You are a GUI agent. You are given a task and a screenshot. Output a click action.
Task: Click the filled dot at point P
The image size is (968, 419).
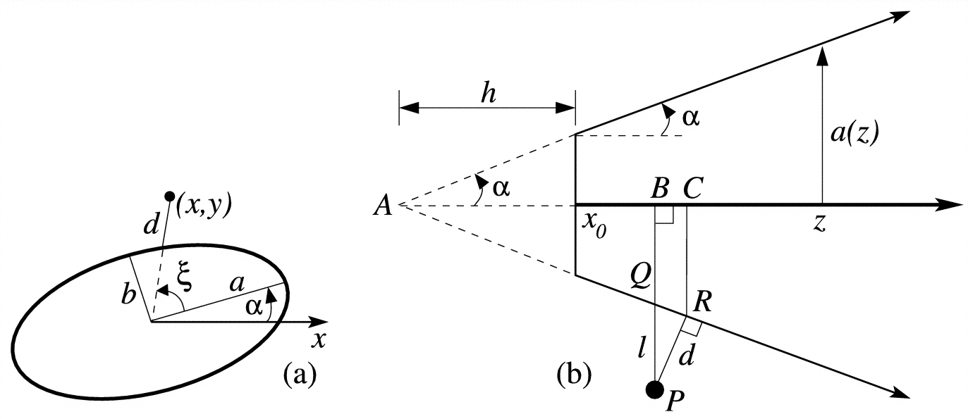pos(655,389)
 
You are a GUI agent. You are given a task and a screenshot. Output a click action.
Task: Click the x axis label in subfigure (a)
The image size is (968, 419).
pos(319,340)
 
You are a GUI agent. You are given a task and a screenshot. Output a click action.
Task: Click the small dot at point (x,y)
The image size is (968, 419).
pos(169,196)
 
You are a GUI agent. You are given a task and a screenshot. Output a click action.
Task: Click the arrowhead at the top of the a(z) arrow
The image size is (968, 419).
pos(821,54)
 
